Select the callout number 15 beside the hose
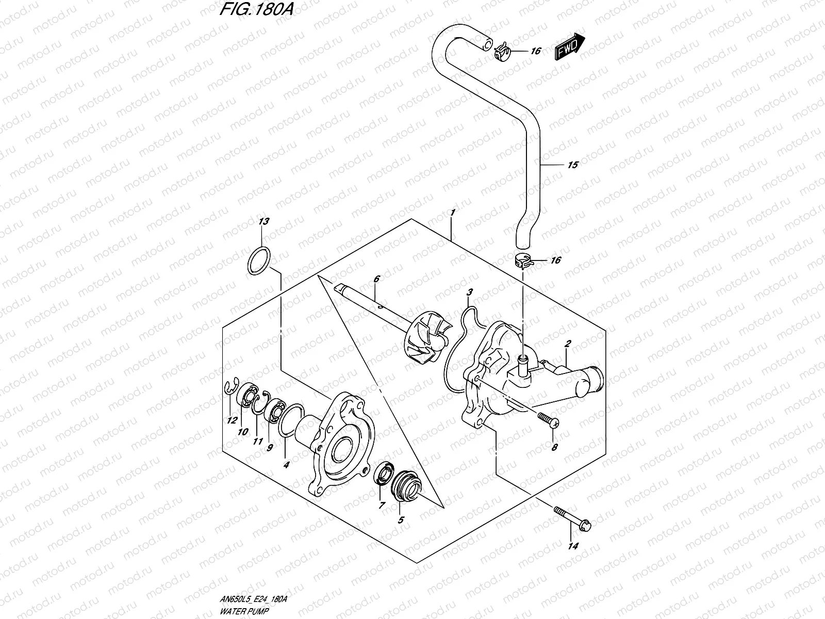(x=572, y=165)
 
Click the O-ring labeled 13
(x=258, y=260)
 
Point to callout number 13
(x=264, y=222)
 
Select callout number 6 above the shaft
(x=376, y=279)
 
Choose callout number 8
(x=554, y=448)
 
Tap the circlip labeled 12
(x=232, y=402)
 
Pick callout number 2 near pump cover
(x=567, y=344)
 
